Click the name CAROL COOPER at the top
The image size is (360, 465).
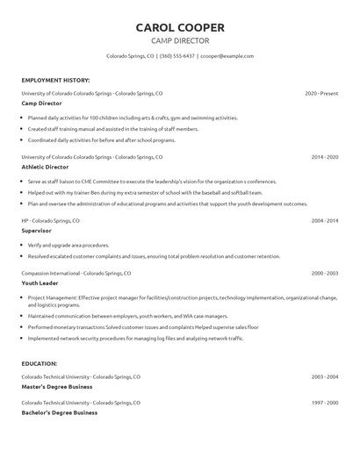180,27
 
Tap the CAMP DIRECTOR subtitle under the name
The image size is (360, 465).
180,40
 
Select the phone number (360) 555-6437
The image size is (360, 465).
177,55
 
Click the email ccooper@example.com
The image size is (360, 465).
227,55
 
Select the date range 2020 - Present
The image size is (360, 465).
321,92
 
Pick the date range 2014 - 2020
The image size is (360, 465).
325,156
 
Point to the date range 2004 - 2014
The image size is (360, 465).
325,220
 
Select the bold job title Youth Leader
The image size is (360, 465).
41,283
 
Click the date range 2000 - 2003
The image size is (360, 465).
325,273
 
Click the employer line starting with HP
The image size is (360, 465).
50,220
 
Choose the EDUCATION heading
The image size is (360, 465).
40,362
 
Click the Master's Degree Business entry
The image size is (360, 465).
59,386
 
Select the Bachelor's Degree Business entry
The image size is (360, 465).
59,411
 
